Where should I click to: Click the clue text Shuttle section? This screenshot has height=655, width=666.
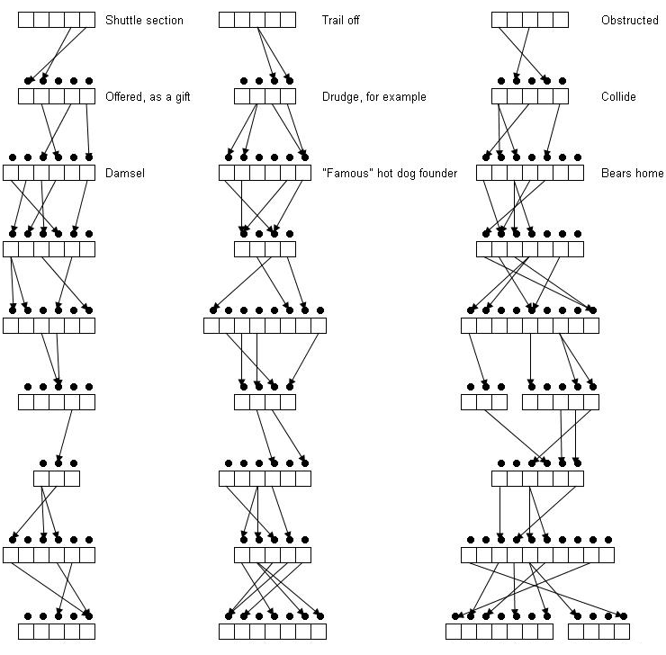pos(144,20)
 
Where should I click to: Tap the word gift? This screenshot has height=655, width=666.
pos(183,97)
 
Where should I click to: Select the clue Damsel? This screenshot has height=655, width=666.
pos(125,173)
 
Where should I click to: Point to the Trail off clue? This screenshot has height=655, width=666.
pos(340,20)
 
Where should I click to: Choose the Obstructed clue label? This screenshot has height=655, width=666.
pos(630,20)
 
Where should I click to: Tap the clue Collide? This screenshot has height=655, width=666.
pos(618,97)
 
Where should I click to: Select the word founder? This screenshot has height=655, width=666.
pos(438,173)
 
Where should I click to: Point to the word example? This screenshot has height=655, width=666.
pos(407,97)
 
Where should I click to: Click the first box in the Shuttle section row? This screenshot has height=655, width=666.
pos(26,20)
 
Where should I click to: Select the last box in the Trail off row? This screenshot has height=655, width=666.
pos(288,20)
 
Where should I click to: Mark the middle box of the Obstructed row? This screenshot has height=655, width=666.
pos(530,20)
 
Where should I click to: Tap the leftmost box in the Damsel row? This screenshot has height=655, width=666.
pos(11,173)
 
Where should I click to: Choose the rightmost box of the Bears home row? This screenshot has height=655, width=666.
pos(576,173)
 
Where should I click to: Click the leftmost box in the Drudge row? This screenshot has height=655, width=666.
pos(242,96)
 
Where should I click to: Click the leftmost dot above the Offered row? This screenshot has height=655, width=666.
pos(28,81)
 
